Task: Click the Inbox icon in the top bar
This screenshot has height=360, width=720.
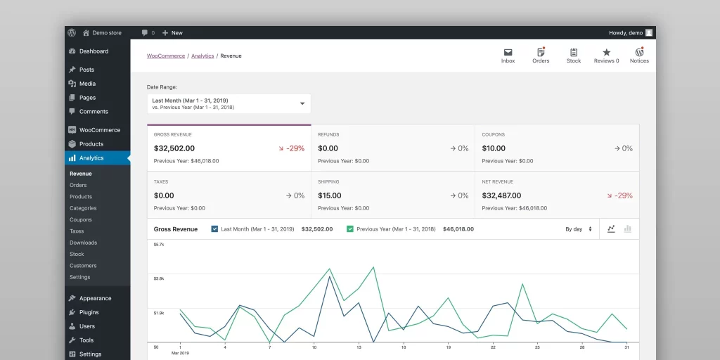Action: click(x=508, y=53)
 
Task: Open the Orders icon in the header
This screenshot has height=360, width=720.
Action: click(x=541, y=53)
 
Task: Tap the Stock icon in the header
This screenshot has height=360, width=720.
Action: click(x=574, y=53)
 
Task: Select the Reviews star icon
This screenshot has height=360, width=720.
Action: click(x=606, y=53)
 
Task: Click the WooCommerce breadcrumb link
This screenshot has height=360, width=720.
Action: click(x=166, y=56)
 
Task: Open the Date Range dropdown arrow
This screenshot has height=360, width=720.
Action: click(x=302, y=103)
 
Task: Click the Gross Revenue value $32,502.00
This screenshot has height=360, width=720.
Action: click(x=174, y=148)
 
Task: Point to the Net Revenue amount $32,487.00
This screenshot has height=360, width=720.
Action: click(x=501, y=195)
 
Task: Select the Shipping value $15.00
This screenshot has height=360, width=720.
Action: click(x=329, y=195)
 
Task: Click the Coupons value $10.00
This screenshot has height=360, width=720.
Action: click(x=494, y=148)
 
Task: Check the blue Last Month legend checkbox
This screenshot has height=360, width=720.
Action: click(x=214, y=229)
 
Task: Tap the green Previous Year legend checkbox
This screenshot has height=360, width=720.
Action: click(x=350, y=229)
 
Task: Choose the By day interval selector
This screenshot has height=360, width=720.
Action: click(x=579, y=229)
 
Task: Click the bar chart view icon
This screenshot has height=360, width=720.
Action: click(x=628, y=229)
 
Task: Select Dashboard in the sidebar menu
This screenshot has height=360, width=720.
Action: click(x=94, y=51)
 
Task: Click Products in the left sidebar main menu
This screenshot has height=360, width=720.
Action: click(x=91, y=144)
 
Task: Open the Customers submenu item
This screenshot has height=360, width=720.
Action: click(x=83, y=266)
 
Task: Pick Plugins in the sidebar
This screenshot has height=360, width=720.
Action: click(x=89, y=312)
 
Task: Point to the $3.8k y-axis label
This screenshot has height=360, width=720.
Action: click(x=159, y=278)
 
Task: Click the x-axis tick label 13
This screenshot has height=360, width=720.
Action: click(x=359, y=347)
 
